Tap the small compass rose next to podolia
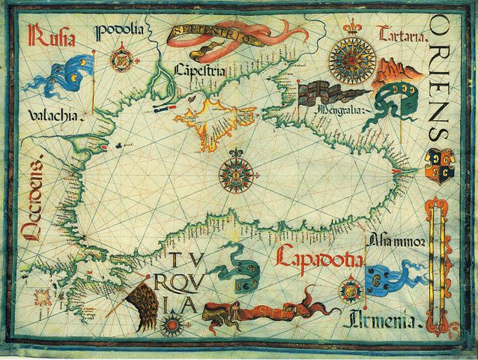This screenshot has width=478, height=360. [x=119, y=57]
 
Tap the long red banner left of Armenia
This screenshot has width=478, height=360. [x=262, y=309]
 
